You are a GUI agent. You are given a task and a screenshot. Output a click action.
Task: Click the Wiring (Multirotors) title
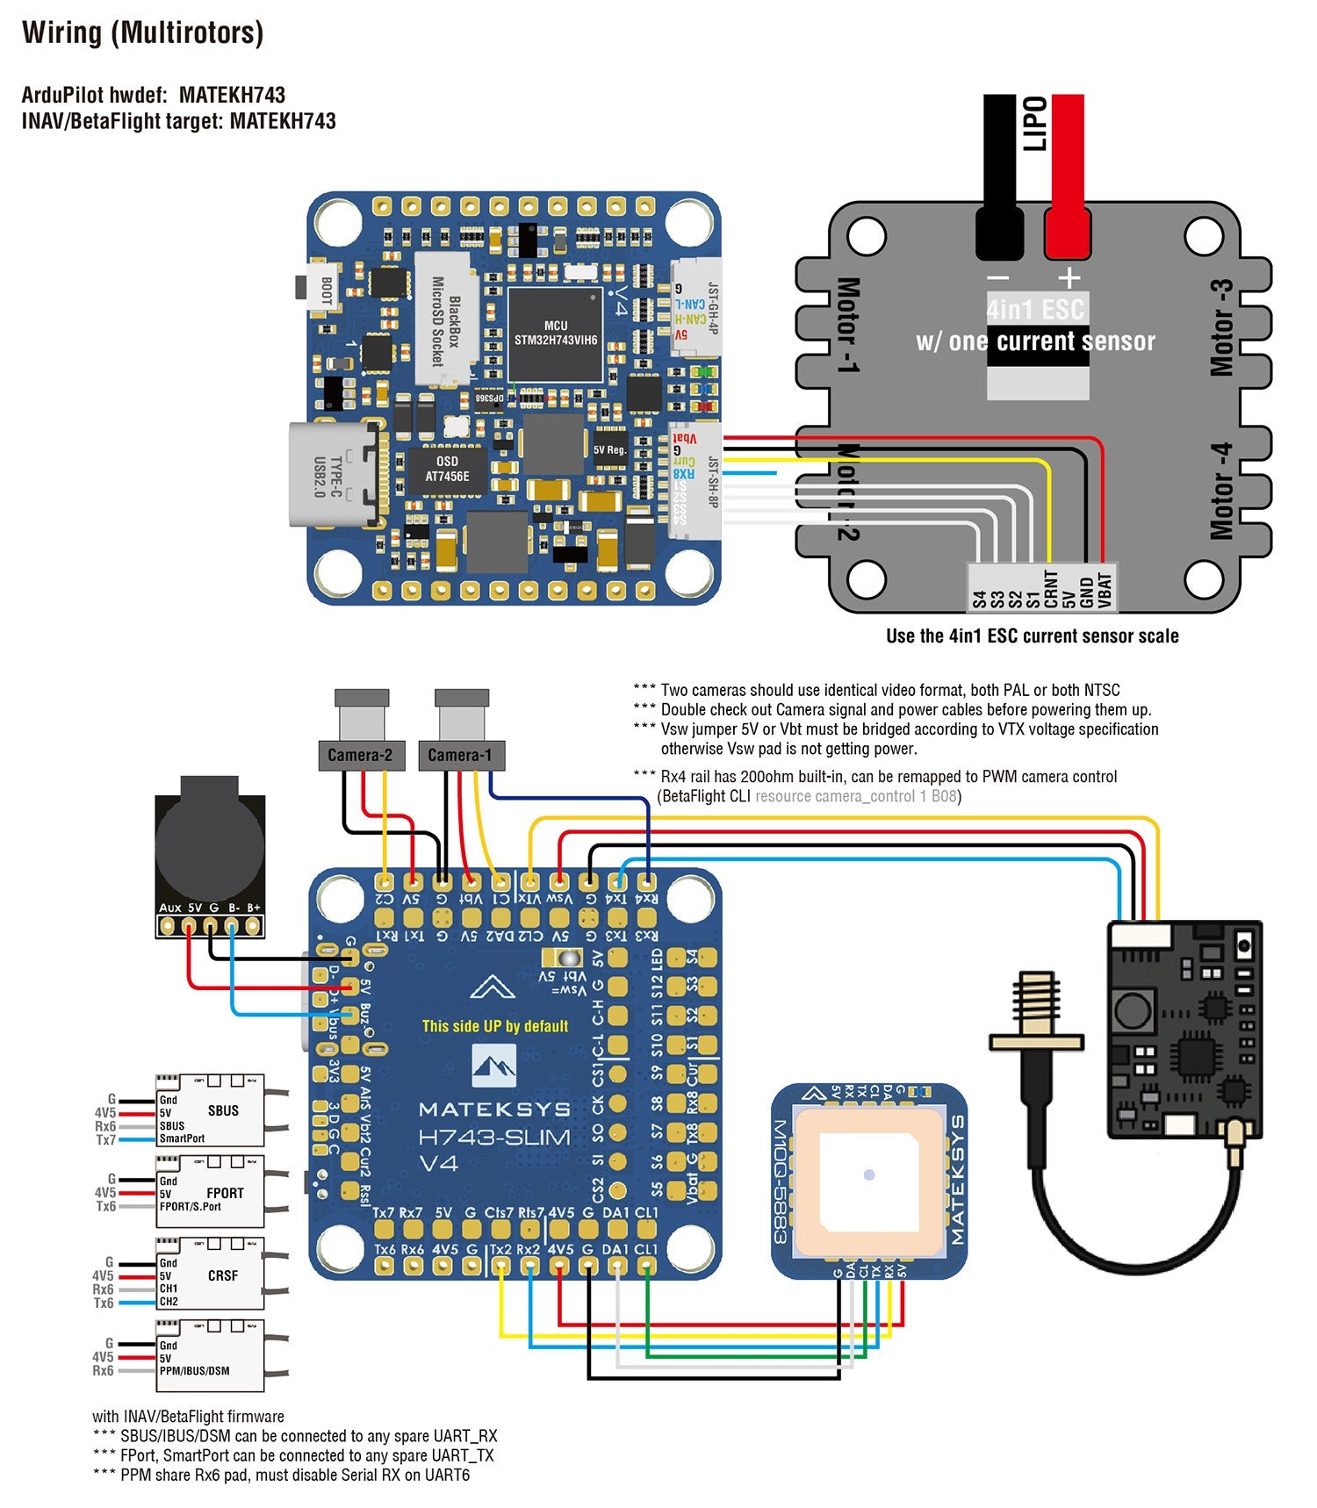[142, 33]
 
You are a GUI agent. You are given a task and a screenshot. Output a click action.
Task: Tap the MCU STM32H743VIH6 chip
[555, 334]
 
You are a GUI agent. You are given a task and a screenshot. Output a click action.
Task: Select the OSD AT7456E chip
[447, 470]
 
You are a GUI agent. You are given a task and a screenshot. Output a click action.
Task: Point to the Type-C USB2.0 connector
[334, 475]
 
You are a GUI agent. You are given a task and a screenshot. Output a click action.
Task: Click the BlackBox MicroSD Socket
[446, 320]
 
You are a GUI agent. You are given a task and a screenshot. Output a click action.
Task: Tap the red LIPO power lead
[1067, 176]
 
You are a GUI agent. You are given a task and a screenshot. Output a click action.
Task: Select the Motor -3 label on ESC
[1221, 328]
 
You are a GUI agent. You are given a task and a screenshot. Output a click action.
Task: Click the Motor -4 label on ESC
[1221, 492]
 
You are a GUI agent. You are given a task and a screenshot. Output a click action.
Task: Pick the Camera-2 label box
[360, 755]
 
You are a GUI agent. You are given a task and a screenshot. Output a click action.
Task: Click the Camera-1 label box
[460, 755]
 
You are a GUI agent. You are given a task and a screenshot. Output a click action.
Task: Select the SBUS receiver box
[211, 1110]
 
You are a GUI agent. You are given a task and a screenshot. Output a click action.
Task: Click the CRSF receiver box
[211, 1275]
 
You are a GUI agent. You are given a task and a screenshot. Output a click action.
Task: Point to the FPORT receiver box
[211, 1192]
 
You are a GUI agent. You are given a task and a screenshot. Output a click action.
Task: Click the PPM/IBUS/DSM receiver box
[211, 1356]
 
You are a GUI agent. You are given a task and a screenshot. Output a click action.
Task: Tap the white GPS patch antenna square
[868, 1174]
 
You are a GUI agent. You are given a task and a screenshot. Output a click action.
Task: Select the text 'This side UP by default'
[495, 1026]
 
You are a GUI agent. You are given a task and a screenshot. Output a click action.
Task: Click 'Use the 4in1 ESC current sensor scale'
[1032, 636]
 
